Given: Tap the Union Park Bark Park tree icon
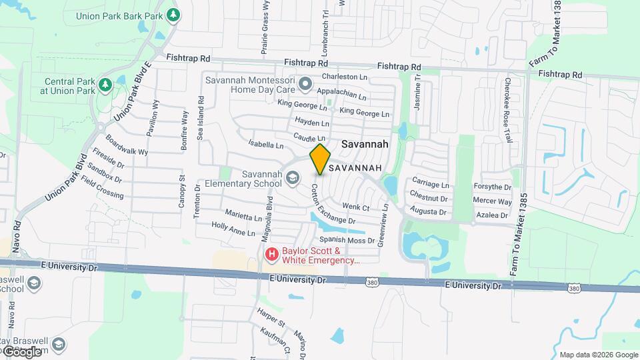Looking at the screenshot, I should pyautogui.click(x=173, y=14).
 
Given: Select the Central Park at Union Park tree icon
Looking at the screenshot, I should pyautogui.click(x=105, y=85).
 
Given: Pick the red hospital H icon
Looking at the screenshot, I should pyautogui.click(x=272, y=254).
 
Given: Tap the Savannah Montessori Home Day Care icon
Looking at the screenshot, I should pyautogui.click(x=305, y=84).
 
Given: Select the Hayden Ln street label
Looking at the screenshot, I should pyautogui.click(x=312, y=123).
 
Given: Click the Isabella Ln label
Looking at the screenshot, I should pyautogui.click(x=266, y=143).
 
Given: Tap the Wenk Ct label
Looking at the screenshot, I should pyautogui.click(x=355, y=207).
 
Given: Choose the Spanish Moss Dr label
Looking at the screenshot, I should pyautogui.click(x=347, y=240).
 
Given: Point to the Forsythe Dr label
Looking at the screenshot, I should pyautogui.click(x=492, y=187).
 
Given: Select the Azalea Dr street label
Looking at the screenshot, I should pyautogui.click(x=492, y=215).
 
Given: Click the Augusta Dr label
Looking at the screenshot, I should pyautogui.click(x=428, y=211).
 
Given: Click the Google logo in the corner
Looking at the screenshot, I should pyautogui.click(x=22, y=351).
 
